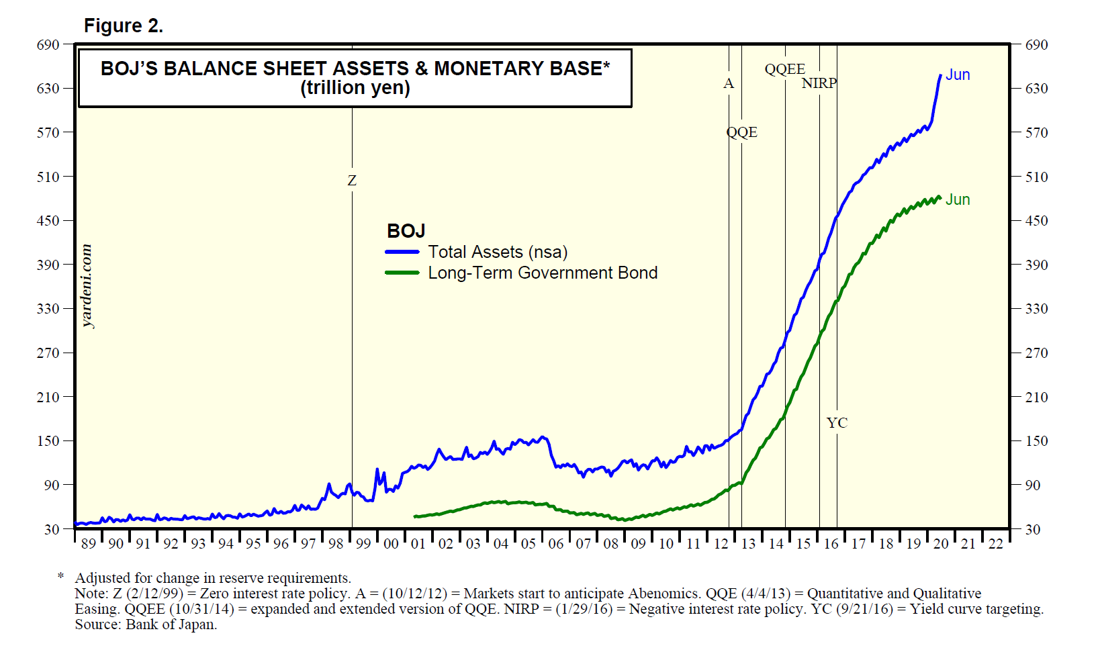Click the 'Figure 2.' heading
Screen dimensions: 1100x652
point(124,26)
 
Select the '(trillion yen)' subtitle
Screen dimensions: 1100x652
point(355,88)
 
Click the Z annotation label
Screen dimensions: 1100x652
point(352,181)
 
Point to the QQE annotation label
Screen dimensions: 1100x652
point(741,132)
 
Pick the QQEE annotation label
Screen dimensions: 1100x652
point(785,69)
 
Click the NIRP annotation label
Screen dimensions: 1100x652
point(819,83)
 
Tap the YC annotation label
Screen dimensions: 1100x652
point(837,423)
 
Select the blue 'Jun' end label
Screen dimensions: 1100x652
point(958,75)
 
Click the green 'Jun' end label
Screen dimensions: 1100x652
point(958,199)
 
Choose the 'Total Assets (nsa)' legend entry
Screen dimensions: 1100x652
point(498,252)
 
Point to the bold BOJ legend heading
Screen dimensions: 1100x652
point(406,231)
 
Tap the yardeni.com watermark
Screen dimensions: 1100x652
point(87,286)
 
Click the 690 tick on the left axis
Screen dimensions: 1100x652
point(48,45)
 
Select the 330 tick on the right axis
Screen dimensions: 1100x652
point(1037,309)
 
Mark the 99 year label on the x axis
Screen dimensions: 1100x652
point(363,544)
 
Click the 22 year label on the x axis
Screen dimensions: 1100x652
point(995,544)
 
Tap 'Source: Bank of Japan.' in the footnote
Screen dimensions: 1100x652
point(146,624)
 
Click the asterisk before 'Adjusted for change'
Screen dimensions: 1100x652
point(61,575)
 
